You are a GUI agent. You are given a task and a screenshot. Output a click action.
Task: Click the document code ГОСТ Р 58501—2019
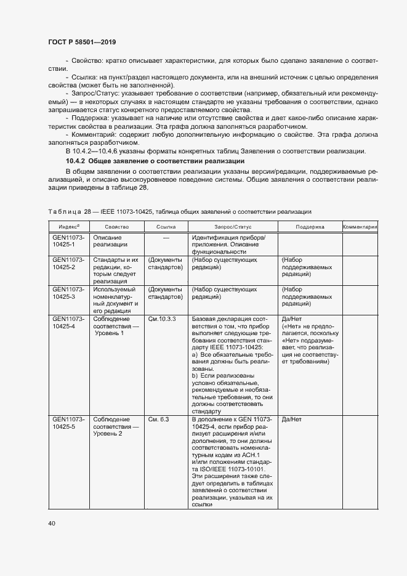click(x=82, y=41)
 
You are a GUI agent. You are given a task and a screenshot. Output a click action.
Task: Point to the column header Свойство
click(x=116, y=227)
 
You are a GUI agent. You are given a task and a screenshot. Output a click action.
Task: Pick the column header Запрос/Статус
click(x=233, y=227)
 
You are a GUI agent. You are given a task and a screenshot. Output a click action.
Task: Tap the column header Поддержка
click(x=309, y=227)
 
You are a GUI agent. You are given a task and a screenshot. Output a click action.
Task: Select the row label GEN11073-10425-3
click(x=68, y=293)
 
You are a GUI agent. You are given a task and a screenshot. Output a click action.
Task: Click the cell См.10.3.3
click(x=162, y=318)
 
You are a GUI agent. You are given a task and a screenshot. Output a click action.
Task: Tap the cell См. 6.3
click(x=158, y=419)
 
